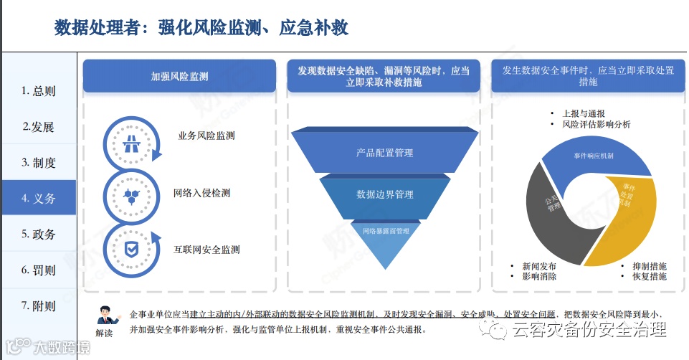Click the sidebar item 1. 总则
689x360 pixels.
(39, 91)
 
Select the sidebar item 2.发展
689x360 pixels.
(39, 127)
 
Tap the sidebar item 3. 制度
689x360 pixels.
(39, 163)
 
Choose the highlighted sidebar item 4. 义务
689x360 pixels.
(39, 199)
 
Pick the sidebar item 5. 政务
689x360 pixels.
(39, 235)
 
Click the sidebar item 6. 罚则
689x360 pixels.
(39, 270)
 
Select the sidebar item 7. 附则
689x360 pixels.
(39, 306)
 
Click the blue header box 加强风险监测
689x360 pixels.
(179, 76)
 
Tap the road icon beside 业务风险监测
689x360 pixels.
(131, 143)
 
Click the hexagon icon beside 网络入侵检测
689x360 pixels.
(131, 194)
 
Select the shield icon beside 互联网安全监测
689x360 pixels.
(131, 249)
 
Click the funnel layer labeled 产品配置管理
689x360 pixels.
(385, 153)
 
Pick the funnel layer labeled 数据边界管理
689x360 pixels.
(385, 194)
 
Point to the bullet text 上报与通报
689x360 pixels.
(584, 113)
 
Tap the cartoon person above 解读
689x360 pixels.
(105, 315)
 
